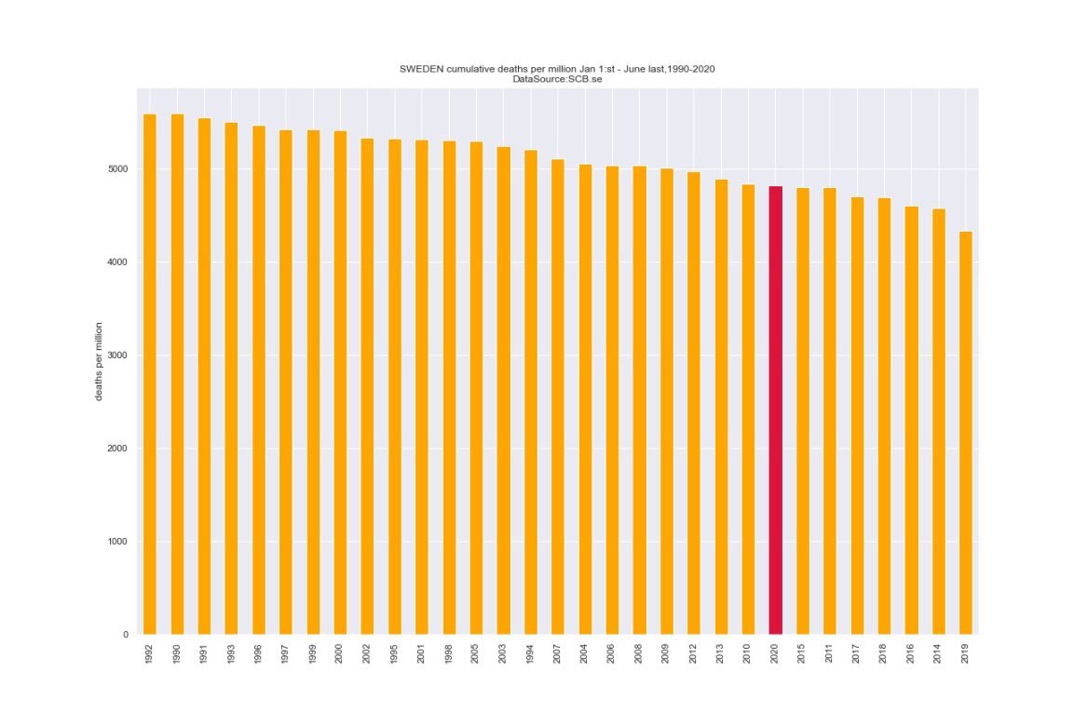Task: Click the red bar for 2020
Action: (775, 409)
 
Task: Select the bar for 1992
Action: (150, 372)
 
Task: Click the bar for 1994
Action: (530, 392)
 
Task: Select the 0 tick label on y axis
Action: (125, 635)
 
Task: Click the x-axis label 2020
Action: (775, 651)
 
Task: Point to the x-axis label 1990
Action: (177, 651)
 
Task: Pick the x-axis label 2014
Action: (938, 651)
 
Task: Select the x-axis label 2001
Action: (422, 651)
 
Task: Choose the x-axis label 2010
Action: (748, 651)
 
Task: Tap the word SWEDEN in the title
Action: (421, 70)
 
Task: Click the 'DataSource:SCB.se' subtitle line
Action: (557, 80)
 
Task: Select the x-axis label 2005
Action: (476, 651)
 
